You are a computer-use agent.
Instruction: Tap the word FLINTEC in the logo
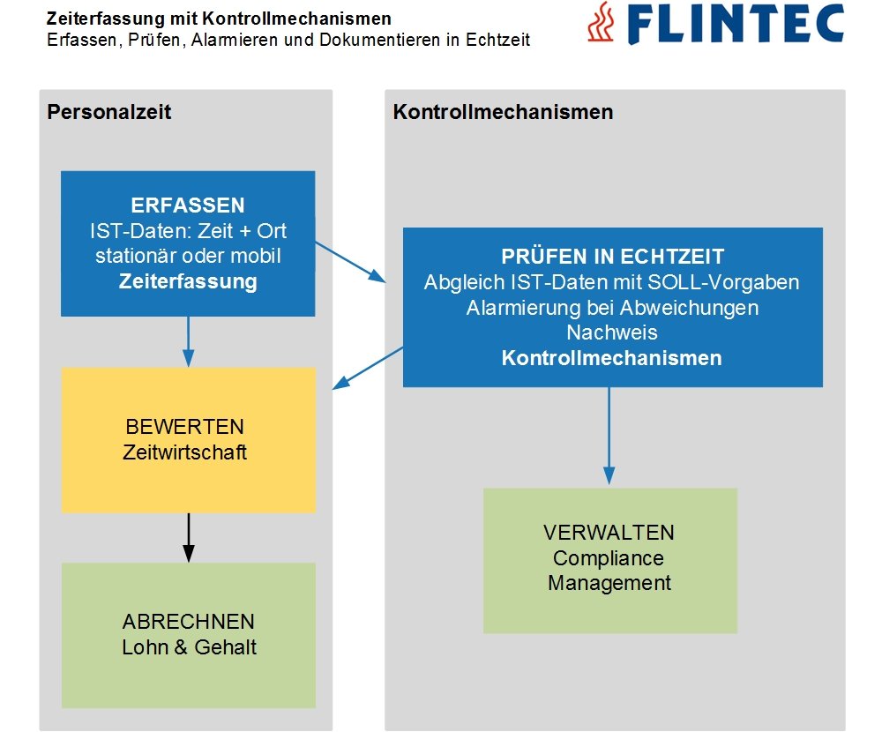click(731, 25)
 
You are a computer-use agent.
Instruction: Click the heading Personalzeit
click(108, 112)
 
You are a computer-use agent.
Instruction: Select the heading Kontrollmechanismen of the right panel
click(503, 112)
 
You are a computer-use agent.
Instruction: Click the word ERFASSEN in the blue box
click(188, 205)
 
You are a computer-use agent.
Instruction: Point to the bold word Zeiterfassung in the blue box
click(188, 282)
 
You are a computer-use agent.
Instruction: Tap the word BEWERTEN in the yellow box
click(185, 427)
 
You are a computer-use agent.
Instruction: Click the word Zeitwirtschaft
click(185, 452)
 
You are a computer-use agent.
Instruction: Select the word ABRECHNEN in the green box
click(189, 621)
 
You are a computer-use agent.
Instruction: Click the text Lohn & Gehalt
click(189, 646)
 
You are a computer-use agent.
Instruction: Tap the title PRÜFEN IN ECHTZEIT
click(612, 257)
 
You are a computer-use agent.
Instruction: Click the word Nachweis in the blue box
click(612, 333)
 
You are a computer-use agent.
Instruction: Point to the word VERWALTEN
click(609, 533)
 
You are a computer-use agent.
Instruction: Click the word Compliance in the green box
click(609, 558)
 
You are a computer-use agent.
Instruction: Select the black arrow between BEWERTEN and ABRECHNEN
click(188, 537)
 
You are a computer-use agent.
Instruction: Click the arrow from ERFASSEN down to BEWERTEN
click(188, 342)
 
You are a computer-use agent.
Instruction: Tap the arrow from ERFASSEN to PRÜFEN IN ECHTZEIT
click(350, 262)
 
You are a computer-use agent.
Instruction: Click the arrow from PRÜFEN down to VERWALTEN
click(609, 437)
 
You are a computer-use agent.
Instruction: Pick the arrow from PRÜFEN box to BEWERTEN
click(367, 368)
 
